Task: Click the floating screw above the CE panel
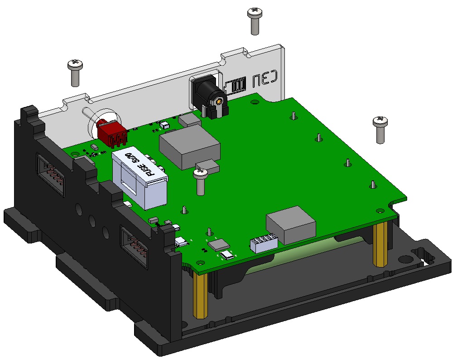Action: coord(255,20)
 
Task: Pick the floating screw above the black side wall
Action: coord(75,72)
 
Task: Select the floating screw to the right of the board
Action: coord(380,129)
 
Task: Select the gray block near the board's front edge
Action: coord(291,223)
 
